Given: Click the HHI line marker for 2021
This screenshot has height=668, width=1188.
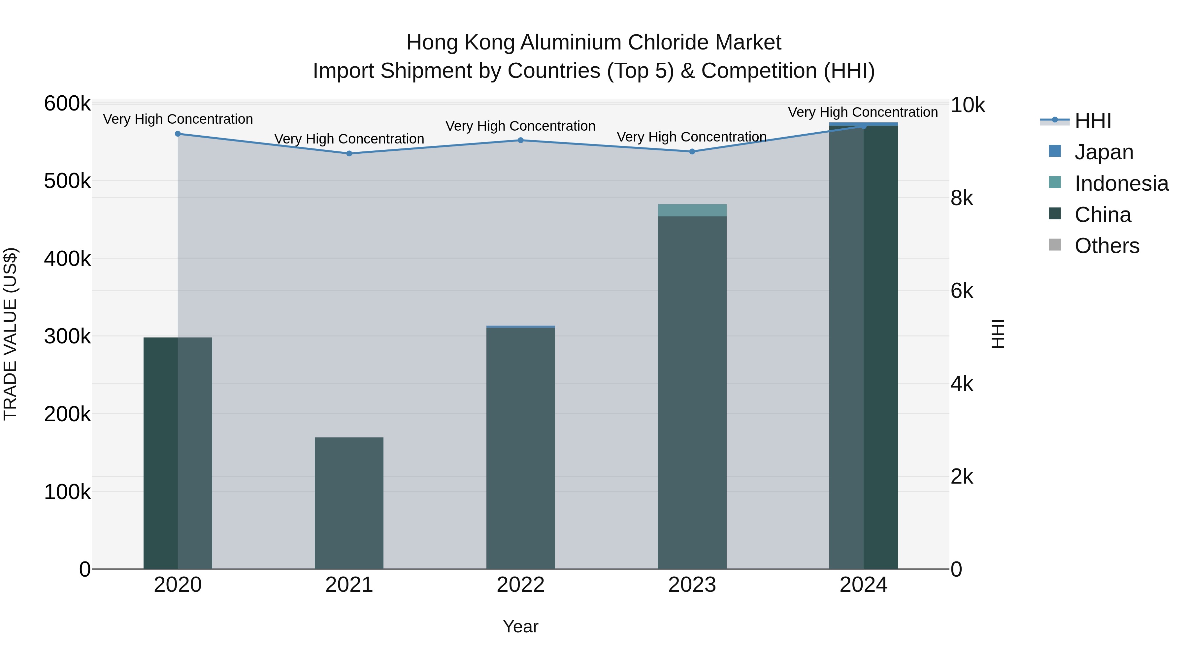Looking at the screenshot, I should pyautogui.click(x=349, y=153).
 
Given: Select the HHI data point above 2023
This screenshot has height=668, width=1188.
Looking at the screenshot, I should pyautogui.click(x=692, y=152).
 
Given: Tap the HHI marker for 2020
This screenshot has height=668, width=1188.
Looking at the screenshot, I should pyautogui.click(x=178, y=134).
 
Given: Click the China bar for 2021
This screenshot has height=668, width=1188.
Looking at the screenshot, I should pyautogui.click(x=349, y=502).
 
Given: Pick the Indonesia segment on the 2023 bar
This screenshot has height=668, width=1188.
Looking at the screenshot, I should pyautogui.click(x=692, y=210).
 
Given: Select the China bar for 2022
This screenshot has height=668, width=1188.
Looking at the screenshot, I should pyautogui.click(x=521, y=447).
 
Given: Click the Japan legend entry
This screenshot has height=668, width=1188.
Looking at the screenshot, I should pyautogui.click(x=1104, y=152).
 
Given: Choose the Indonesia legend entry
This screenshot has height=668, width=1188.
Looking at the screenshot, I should pyautogui.click(x=1121, y=183).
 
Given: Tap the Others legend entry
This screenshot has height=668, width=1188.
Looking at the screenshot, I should pyautogui.click(x=1106, y=246).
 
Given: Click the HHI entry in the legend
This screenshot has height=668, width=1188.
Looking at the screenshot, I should pyautogui.click(x=1093, y=121).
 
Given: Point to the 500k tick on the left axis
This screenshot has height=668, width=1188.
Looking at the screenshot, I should pyautogui.click(x=67, y=181).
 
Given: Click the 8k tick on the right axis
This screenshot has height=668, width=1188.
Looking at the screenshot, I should pyautogui.click(x=962, y=198).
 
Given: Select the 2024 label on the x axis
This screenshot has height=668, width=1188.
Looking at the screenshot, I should pyautogui.click(x=863, y=585).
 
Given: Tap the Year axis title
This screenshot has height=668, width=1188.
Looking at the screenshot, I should pyautogui.click(x=521, y=626).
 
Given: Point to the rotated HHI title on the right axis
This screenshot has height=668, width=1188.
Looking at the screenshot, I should pyautogui.click(x=998, y=334).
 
